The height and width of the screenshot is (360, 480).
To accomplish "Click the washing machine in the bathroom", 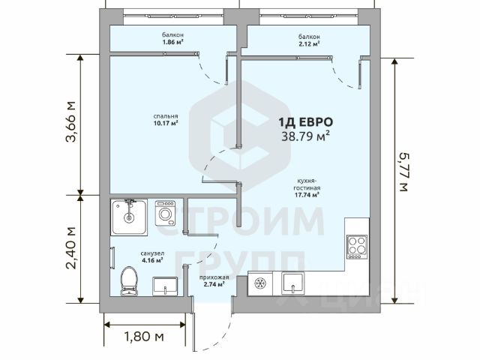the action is click(x=165, y=213).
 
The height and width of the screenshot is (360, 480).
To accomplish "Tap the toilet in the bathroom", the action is click(x=129, y=281).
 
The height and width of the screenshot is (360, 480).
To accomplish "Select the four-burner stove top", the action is click(x=357, y=247).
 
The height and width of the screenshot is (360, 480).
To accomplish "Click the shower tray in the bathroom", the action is click(x=129, y=217).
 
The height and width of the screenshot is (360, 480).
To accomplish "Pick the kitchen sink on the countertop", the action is click(x=293, y=283).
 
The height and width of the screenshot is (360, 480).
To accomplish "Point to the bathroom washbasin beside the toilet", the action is click(x=165, y=286).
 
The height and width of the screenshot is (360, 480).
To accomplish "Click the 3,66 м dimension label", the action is click(x=70, y=121).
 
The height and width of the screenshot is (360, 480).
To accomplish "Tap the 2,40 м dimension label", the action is click(x=70, y=247).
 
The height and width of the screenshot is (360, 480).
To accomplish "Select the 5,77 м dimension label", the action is click(x=403, y=172).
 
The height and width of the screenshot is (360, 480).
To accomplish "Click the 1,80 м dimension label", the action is click(x=144, y=337).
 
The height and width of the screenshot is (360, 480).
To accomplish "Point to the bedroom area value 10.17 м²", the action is click(x=166, y=123).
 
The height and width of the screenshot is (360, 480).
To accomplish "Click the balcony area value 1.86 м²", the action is click(x=173, y=42).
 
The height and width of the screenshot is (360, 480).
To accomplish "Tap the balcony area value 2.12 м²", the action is click(x=309, y=43).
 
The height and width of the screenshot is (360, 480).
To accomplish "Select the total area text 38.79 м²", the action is click(x=305, y=136).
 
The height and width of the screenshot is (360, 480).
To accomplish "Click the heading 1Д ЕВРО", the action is click(x=305, y=122).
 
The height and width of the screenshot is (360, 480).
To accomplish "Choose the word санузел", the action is click(x=152, y=253).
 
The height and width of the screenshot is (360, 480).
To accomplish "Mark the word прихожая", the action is click(x=214, y=277).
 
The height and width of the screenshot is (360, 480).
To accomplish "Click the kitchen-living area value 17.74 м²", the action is click(x=307, y=195).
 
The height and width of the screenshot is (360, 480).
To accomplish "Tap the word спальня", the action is click(x=166, y=116).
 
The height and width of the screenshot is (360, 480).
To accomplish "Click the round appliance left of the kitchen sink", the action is click(x=260, y=283).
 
